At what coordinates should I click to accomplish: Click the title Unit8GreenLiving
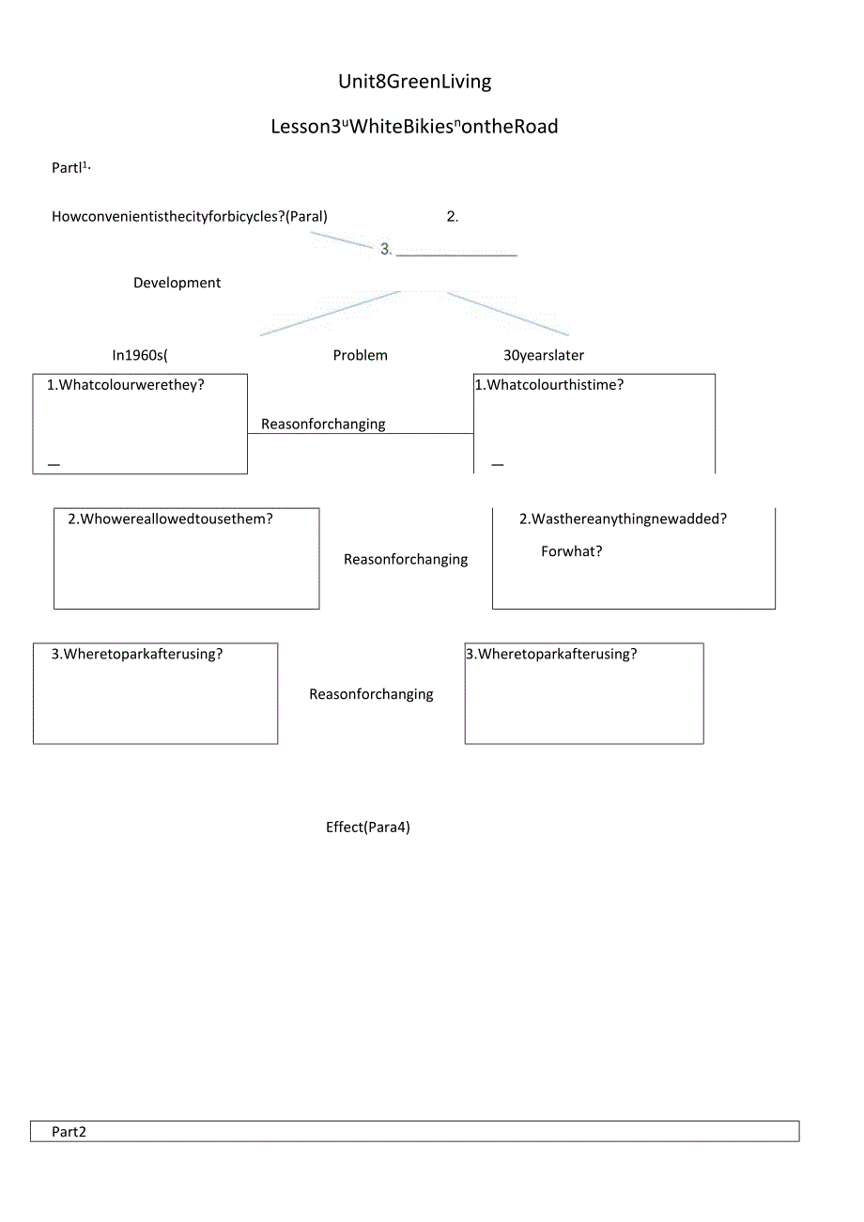414,82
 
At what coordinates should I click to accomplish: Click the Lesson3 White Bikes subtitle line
414,127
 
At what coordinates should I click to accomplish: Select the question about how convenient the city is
190,217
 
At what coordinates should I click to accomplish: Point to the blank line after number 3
456,252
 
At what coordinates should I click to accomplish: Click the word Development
177,283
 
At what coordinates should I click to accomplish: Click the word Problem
361,355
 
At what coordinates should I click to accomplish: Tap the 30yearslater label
544,355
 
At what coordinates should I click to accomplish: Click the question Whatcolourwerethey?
126,385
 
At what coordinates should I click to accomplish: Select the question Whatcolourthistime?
549,385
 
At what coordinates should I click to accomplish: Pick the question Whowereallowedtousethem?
170,518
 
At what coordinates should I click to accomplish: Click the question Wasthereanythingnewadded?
623,518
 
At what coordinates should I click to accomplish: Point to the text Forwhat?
572,551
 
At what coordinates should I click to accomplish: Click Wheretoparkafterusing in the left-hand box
137,655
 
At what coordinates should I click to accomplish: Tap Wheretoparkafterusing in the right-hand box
551,655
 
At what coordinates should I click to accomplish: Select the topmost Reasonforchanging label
323,425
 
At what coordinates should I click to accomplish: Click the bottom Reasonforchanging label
371,695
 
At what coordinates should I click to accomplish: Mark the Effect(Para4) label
368,828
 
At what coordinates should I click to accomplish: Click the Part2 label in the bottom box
69,1132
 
